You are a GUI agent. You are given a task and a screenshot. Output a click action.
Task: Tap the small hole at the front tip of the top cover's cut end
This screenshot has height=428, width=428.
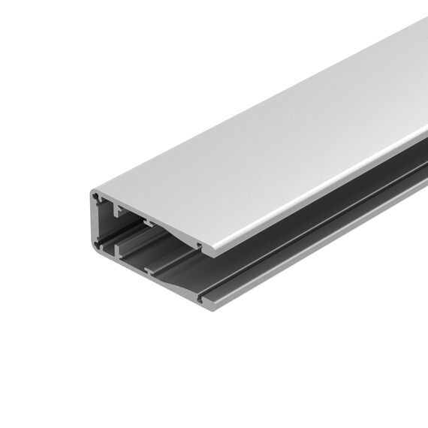pyautogui.click(x=198, y=244)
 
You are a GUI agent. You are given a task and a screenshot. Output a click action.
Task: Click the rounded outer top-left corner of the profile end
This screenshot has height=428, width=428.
pyautogui.click(x=92, y=194)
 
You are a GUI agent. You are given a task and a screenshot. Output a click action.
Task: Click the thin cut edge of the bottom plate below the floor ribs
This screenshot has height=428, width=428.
pyautogui.click(x=150, y=282)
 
